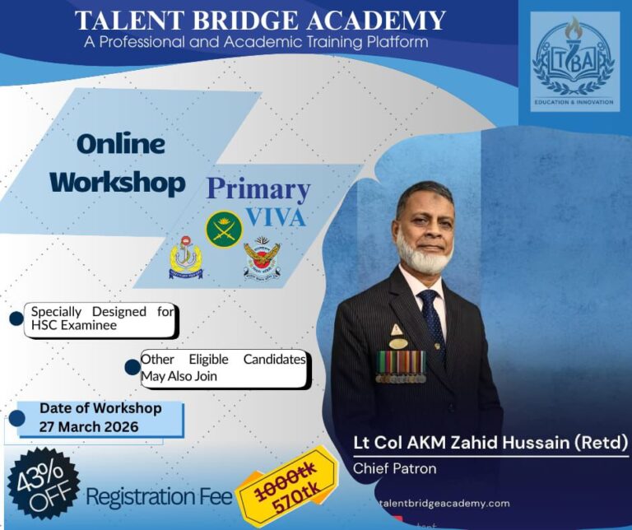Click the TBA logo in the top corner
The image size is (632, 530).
coord(574,62)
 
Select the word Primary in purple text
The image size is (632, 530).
coord(258,189)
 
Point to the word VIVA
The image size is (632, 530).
coord(276,217)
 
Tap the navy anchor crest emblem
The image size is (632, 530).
coord(185,258)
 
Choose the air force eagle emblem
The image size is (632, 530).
coord(263,259)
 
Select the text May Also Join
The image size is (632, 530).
coord(177,375)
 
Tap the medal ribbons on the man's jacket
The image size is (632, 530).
coord(401,366)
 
